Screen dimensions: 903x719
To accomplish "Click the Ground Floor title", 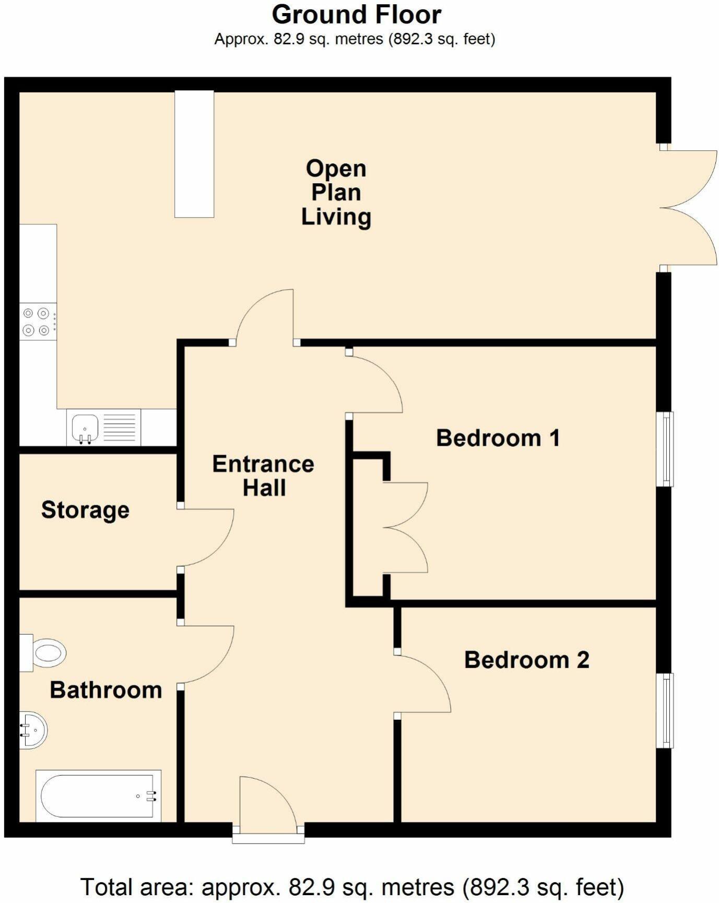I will (x=357, y=15).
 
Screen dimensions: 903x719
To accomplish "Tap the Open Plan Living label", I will (x=336, y=192).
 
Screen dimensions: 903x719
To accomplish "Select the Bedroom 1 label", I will (x=498, y=437).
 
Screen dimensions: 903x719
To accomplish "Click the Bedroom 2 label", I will (x=526, y=660).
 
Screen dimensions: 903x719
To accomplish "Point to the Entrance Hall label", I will (x=263, y=476).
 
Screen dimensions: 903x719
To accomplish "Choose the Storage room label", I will (x=85, y=509).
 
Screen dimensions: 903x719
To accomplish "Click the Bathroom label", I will (x=105, y=690).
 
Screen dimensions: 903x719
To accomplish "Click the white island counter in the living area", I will (x=194, y=153).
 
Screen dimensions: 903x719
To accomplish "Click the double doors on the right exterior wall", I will (x=688, y=208).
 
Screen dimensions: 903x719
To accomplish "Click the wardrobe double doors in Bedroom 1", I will (x=406, y=527).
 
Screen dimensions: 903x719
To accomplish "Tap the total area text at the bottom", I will (x=351, y=886).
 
